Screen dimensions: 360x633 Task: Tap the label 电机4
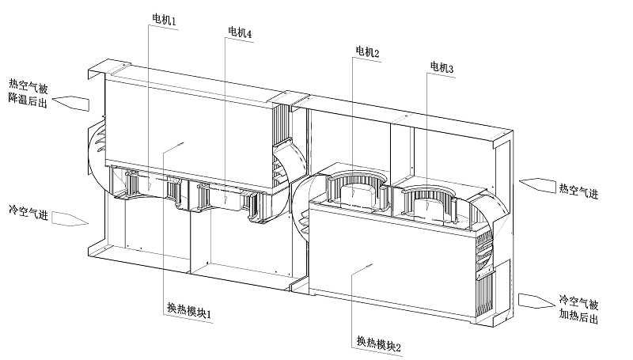(240, 32)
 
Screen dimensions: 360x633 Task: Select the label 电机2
(367, 53)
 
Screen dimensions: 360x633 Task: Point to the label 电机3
(442, 69)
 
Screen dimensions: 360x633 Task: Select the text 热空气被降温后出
(28, 93)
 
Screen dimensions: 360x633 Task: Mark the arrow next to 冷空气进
(70, 218)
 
